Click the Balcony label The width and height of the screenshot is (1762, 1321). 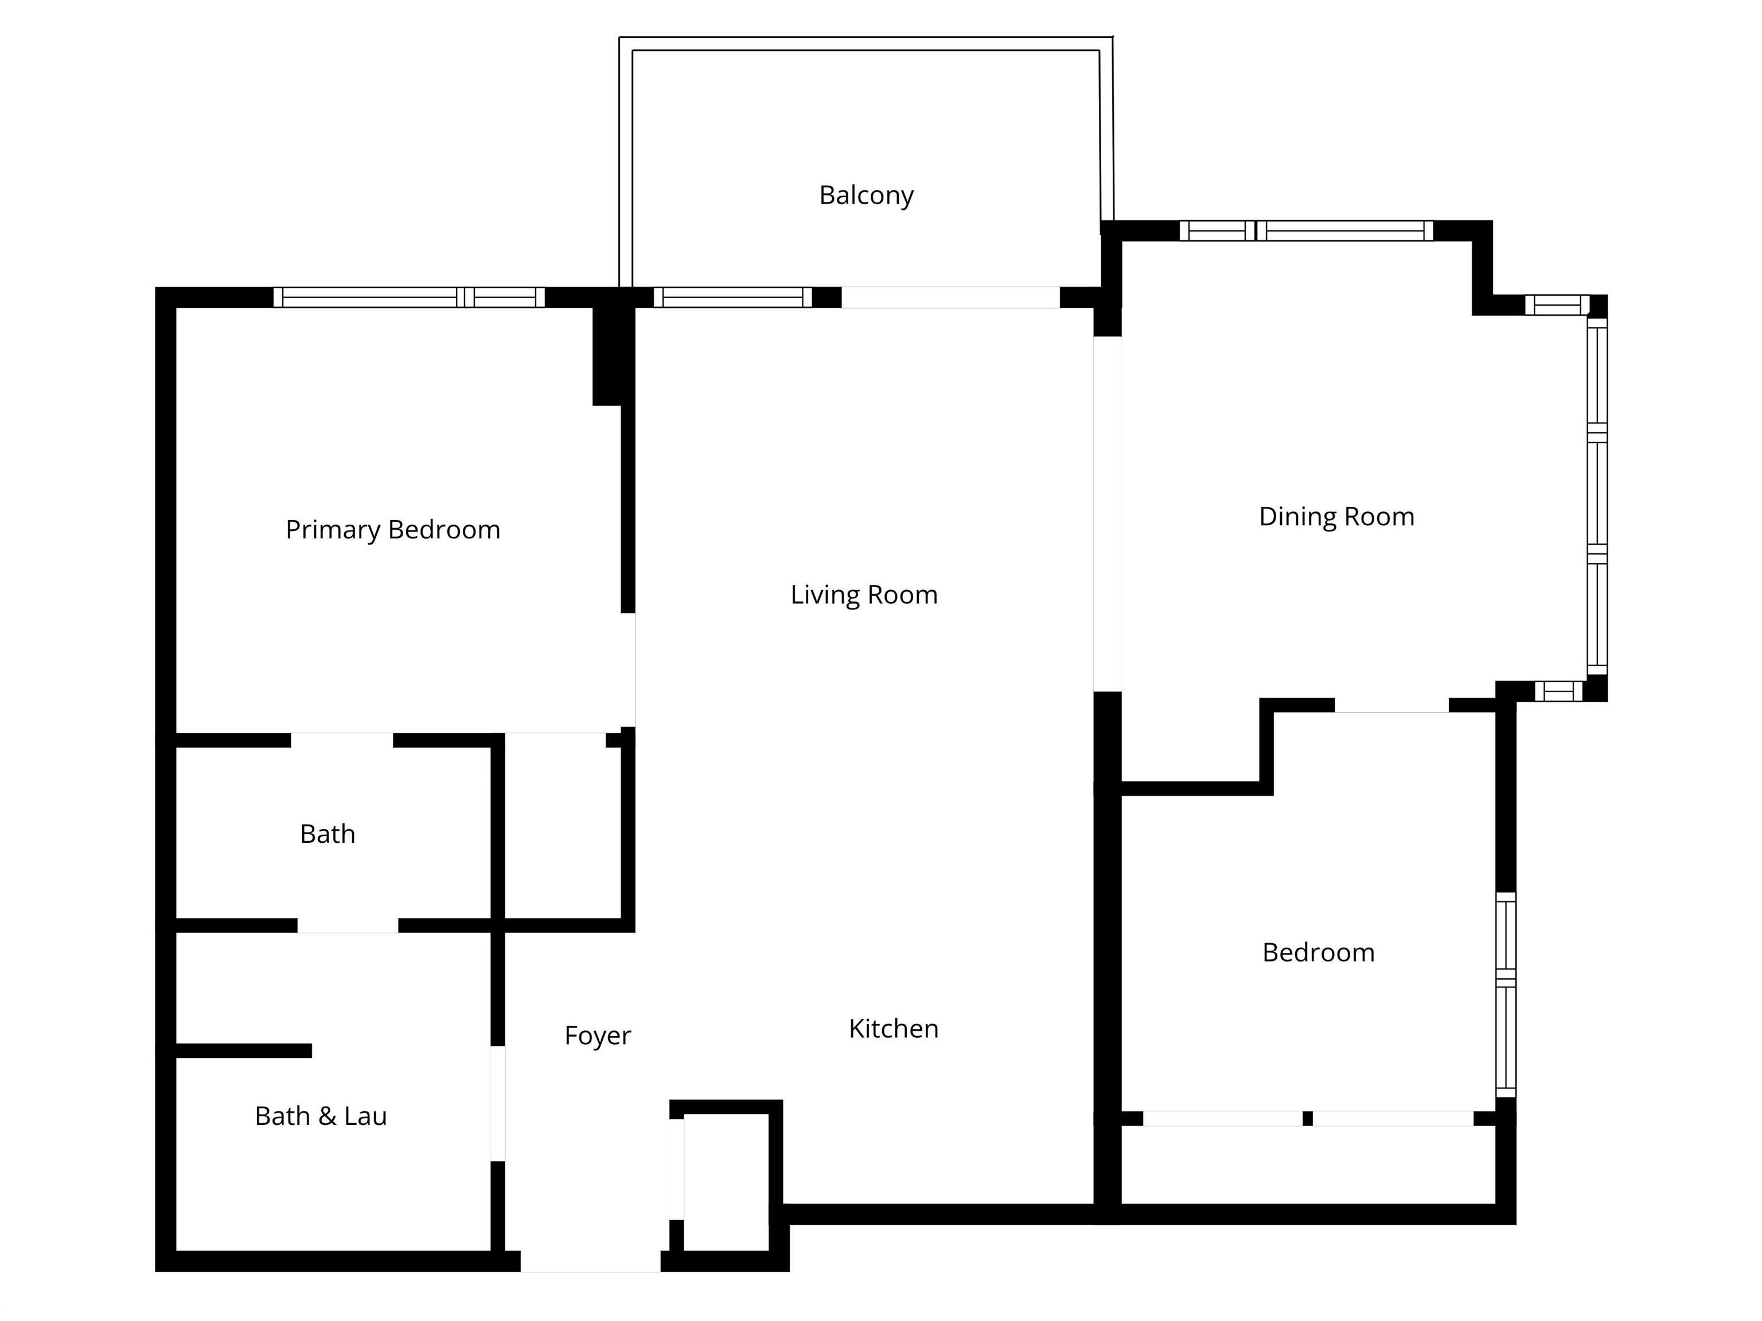coord(866,195)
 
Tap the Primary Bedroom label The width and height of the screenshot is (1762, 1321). coord(393,530)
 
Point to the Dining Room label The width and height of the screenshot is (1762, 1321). coord(1336,517)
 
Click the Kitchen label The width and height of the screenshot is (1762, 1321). coord(893,1029)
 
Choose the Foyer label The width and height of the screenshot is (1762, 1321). coord(598,1035)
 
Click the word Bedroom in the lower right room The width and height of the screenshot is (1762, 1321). coord(1318,952)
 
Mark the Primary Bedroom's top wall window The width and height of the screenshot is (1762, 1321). coord(408,297)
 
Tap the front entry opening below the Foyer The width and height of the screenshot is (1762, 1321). coord(590,1260)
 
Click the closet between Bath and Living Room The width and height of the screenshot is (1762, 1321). coord(562,828)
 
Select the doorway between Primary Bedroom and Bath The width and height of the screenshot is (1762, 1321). coord(342,740)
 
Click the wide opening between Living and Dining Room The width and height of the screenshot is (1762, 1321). coord(1106,514)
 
